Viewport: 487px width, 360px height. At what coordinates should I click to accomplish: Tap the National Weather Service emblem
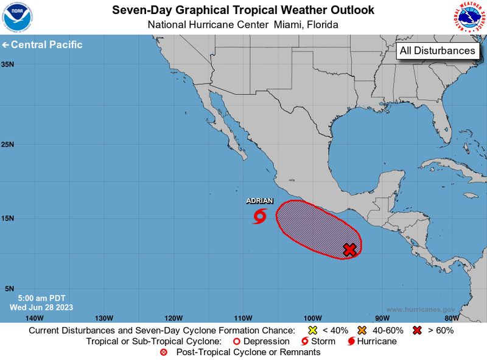(469, 17)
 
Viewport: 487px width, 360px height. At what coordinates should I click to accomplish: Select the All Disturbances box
(438, 51)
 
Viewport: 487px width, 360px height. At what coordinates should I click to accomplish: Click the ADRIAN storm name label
(259, 201)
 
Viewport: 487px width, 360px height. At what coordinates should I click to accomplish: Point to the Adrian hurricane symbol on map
(260, 216)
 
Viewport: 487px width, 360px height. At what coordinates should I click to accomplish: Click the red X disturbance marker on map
(349, 249)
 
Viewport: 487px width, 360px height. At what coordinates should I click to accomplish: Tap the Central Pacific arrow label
(42, 45)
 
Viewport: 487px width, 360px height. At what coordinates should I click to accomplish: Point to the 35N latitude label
(8, 64)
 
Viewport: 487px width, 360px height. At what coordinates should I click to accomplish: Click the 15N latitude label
(8, 218)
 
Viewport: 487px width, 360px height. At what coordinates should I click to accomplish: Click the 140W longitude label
(35, 318)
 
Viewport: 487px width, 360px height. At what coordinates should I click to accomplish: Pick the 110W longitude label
(243, 318)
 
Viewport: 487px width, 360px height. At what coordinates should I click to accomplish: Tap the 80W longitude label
(451, 318)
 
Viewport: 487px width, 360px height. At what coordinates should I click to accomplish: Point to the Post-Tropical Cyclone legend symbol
(163, 352)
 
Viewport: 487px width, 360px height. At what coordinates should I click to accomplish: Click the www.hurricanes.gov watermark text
(420, 309)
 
